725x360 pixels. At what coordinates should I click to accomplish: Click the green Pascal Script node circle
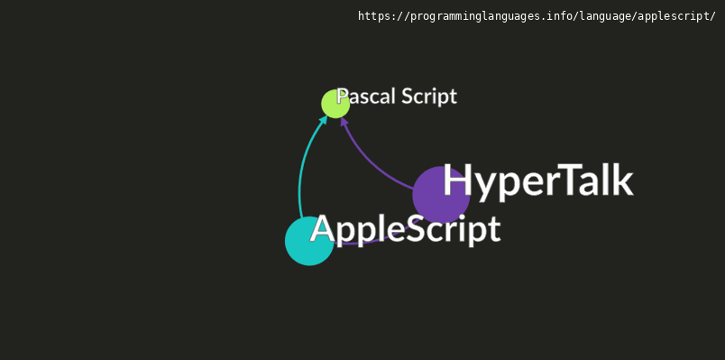tap(335, 104)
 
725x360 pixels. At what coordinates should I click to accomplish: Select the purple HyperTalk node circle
tap(441, 195)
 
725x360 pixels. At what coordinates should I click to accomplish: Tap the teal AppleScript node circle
tap(309, 241)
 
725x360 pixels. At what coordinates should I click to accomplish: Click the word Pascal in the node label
tap(366, 97)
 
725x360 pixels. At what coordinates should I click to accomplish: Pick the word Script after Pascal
tap(429, 97)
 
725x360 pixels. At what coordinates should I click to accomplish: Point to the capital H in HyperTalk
tap(458, 180)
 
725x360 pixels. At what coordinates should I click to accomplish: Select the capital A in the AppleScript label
tap(324, 228)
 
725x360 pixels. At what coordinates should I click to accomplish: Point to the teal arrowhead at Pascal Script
tap(324, 119)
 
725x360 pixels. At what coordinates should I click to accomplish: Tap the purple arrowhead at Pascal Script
tap(344, 121)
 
